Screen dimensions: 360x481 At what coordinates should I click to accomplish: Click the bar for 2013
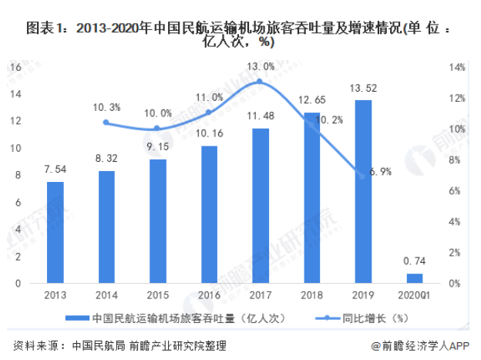55,232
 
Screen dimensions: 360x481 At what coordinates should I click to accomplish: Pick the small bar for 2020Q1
415,278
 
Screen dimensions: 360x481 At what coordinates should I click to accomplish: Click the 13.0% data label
260,66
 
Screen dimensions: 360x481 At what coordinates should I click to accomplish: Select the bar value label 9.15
158,147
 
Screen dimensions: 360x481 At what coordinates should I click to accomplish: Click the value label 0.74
415,262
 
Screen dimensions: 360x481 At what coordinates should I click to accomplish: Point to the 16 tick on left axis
12,68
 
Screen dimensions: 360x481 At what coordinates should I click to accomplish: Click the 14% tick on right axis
456,68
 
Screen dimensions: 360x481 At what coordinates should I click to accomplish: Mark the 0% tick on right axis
455,284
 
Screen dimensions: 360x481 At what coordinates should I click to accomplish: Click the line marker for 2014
106,123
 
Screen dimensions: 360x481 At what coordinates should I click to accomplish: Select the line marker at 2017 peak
260,81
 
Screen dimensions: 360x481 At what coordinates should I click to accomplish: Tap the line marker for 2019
363,176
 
